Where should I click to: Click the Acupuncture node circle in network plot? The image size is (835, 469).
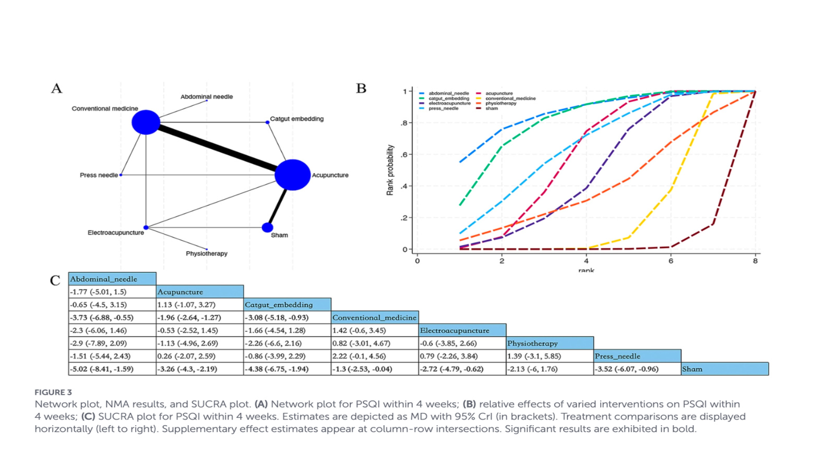292,175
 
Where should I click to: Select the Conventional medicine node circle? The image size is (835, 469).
146,122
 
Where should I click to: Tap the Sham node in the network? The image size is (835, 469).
267,227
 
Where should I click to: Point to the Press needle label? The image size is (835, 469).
99,175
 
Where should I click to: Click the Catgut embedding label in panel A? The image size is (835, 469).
296,119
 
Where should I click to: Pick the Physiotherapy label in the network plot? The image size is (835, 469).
207,254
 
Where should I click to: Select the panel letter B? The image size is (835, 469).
361,89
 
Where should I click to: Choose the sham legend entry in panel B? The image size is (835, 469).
491,108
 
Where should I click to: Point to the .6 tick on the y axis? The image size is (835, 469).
404,155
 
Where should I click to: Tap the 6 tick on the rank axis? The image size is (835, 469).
671,261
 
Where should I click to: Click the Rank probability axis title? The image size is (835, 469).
390,170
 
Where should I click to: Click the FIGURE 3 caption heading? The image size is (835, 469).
53,392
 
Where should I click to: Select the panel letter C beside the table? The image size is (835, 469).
55,281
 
